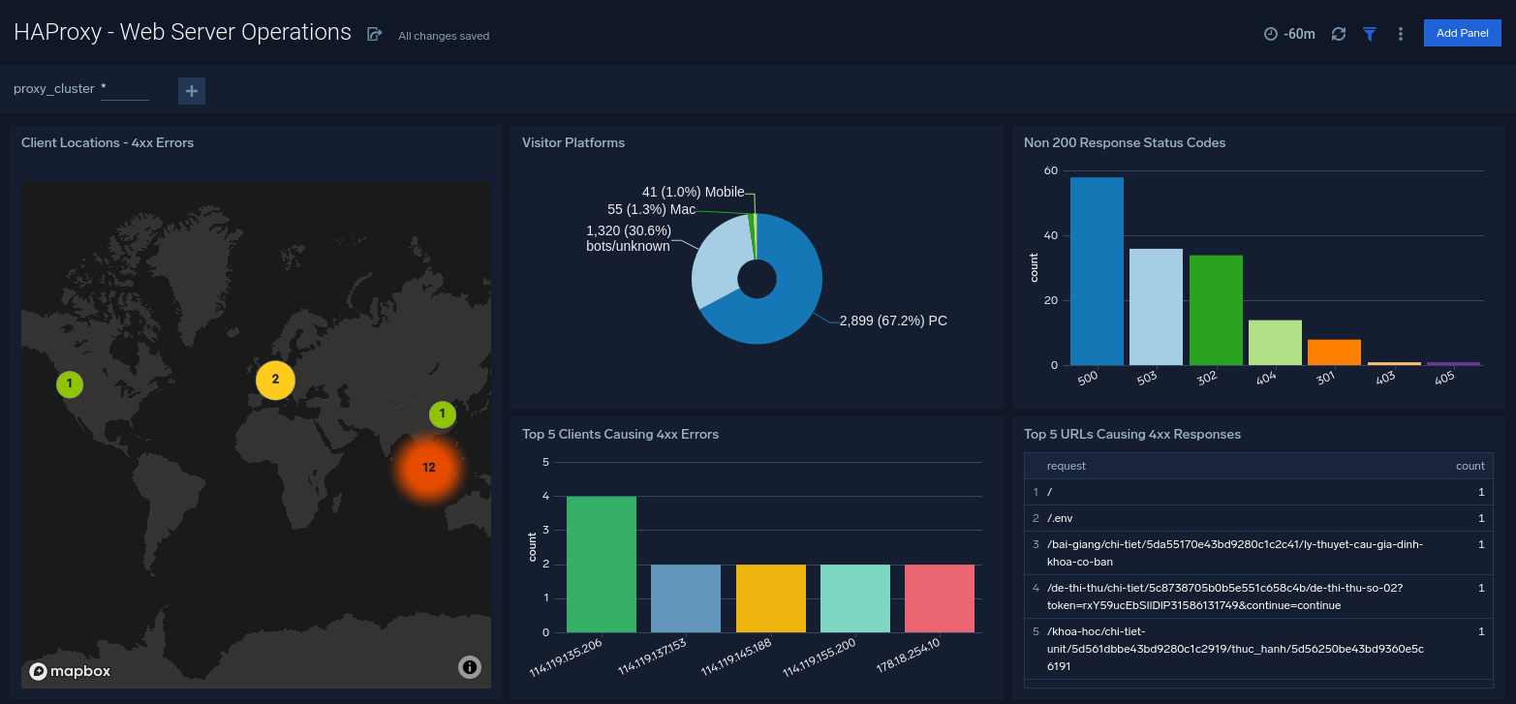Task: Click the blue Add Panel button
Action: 1462,33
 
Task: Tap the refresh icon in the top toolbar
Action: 1339,34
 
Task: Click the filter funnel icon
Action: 1370,34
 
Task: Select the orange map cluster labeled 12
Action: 428,468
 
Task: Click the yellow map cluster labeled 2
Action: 275,380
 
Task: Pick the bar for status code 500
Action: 1097,271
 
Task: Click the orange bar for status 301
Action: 1334,352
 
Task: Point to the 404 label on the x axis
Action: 1266,378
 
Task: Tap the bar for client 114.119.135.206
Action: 602,564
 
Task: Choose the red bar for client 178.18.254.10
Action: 940,597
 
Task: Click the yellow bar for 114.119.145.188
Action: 770,597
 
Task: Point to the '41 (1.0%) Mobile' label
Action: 693,193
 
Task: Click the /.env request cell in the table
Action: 1060,518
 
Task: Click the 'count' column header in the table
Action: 1470,466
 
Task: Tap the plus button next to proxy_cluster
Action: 192,91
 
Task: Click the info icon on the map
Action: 469,667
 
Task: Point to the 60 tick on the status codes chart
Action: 1051,171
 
